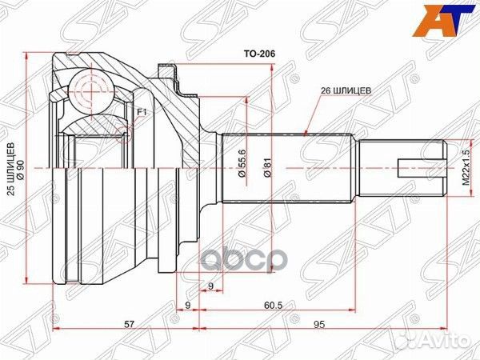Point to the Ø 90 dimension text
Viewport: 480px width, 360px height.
22,169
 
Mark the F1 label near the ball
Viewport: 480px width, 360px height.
141,112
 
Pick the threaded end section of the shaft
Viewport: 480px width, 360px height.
400,169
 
